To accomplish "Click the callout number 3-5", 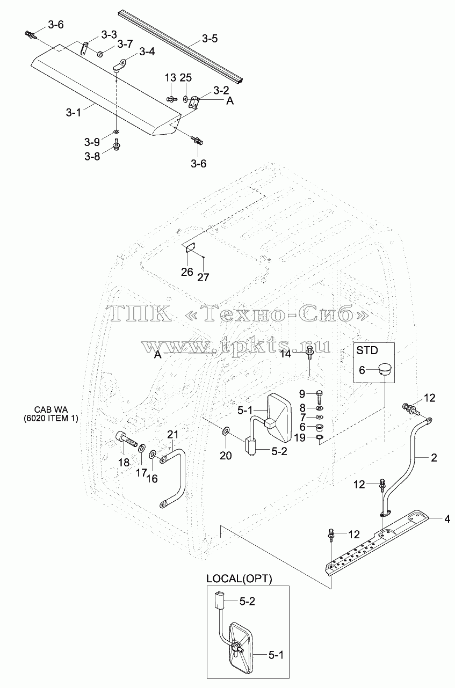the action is pos(210,39).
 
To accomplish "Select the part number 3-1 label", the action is pos(74,113).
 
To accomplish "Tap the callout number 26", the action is pos(187,272).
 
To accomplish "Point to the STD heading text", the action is pos(367,350).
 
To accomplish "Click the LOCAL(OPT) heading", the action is pos(239,579).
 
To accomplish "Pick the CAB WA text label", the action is pos(50,409).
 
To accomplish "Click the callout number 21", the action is pos(173,435).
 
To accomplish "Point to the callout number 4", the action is pos(447,519).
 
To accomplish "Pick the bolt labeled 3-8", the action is pos(117,144).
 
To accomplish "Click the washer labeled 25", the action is pos(186,99).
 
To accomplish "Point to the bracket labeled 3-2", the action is pos(194,102).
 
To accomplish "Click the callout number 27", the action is pos(203,277).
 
